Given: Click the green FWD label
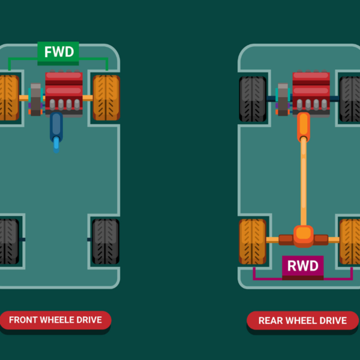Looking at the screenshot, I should [x=58, y=52].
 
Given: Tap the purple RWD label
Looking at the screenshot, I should [x=303, y=266].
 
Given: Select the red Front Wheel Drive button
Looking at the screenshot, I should [x=55, y=320].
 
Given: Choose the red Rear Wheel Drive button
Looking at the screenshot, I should [x=302, y=320].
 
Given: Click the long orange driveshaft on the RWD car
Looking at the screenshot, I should [x=304, y=180].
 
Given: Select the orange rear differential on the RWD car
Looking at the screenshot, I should [x=304, y=235].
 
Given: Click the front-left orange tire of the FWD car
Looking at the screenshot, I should [x=8, y=98].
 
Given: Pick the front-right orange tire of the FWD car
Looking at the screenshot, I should [x=106, y=98].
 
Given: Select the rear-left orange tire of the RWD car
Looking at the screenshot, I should [x=253, y=241].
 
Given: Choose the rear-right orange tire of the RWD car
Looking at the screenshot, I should [x=350, y=241].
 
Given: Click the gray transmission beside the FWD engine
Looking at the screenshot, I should [x=35, y=99].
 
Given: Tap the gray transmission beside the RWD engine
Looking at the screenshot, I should [x=283, y=99].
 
